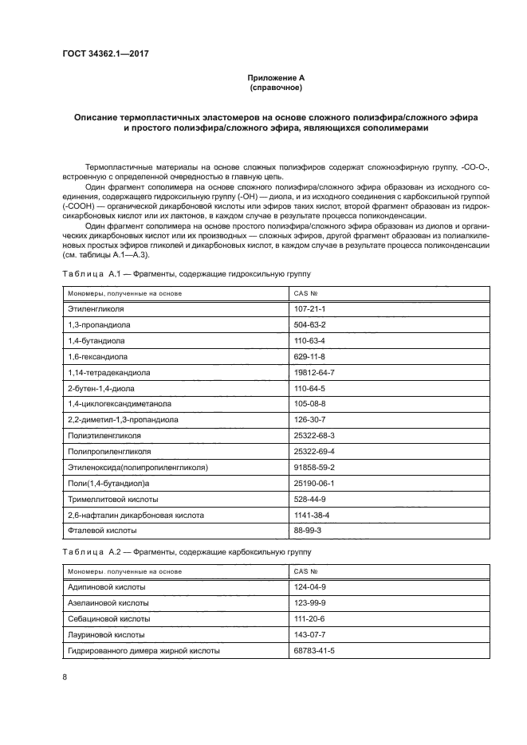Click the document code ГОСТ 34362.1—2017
click(105, 54)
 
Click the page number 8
click(65, 677)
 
